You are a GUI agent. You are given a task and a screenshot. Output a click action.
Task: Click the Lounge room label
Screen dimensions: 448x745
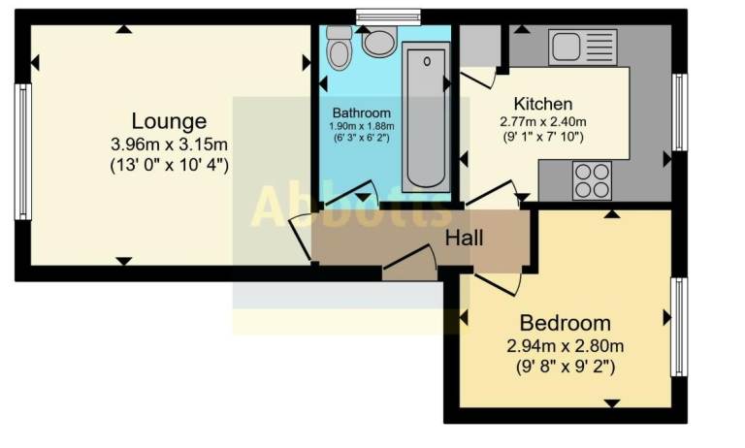click(x=169, y=122)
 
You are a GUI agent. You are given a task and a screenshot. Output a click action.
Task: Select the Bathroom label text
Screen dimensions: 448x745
click(x=361, y=112)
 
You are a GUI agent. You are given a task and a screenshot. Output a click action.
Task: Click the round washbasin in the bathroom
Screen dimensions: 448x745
click(x=379, y=42)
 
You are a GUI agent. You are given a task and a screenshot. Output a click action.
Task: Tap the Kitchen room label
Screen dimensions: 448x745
click(x=542, y=105)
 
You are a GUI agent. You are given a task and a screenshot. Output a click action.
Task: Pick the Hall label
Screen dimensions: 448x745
click(x=464, y=237)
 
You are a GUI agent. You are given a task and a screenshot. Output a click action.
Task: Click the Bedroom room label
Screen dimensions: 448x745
click(x=565, y=323)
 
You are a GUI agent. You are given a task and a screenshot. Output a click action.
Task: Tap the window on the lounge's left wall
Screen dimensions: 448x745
click(x=22, y=151)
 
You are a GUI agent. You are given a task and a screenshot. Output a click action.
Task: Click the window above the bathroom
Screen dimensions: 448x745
click(x=387, y=16)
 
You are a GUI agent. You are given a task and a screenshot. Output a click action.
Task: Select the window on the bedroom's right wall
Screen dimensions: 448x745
click(x=679, y=327)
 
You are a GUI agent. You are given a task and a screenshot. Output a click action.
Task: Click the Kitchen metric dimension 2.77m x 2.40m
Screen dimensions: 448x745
click(x=543, y=122)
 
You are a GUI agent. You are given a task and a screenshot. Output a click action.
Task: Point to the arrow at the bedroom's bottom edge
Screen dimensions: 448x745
click(x=611, y=402)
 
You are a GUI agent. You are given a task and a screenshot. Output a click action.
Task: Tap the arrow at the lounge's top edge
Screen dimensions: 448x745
click(x=122, y=29)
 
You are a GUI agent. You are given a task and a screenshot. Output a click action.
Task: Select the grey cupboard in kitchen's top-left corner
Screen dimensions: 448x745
click(x=478, y=46)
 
